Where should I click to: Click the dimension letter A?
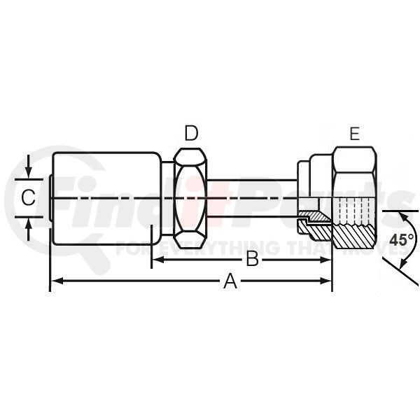coord(230,281)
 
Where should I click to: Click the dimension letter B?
coord(252,259)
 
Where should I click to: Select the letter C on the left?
coord(28,197)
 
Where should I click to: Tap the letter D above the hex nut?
coord(191,134)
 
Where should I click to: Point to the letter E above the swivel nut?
coord(355,134)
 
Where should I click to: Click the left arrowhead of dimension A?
coord(57,281)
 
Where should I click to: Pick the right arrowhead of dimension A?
coord(325,281)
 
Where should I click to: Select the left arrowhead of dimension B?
coord(158,260)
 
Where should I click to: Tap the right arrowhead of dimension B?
coord(325,260)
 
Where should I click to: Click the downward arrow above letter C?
coord(29,167)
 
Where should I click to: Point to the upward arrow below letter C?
coord(29,228)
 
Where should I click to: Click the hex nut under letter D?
coord(190,198)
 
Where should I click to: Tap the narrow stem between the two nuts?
coord(252,198)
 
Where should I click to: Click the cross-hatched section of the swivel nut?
coord(353,236)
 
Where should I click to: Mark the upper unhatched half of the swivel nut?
coord(354,172)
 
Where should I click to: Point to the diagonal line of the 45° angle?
coord(400,271)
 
